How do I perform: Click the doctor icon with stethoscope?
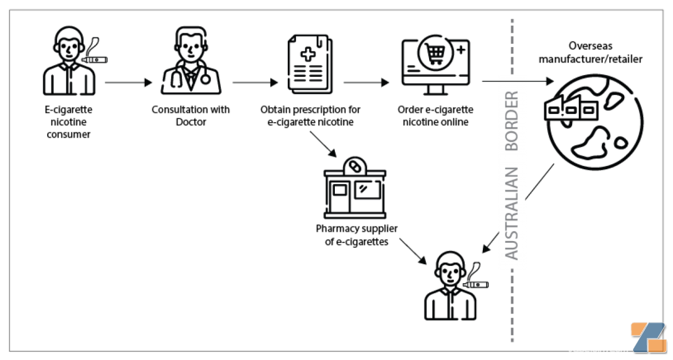[x=191, y=62]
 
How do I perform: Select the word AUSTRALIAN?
[x=511, y=213]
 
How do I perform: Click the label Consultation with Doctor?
[x=191, y=115]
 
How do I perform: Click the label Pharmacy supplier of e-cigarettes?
[x=357, y=235]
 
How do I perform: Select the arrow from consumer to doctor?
[x=128, y=82]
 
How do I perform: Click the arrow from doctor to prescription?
[x=255, y=82]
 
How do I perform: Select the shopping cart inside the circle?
[x=436, y=54]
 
